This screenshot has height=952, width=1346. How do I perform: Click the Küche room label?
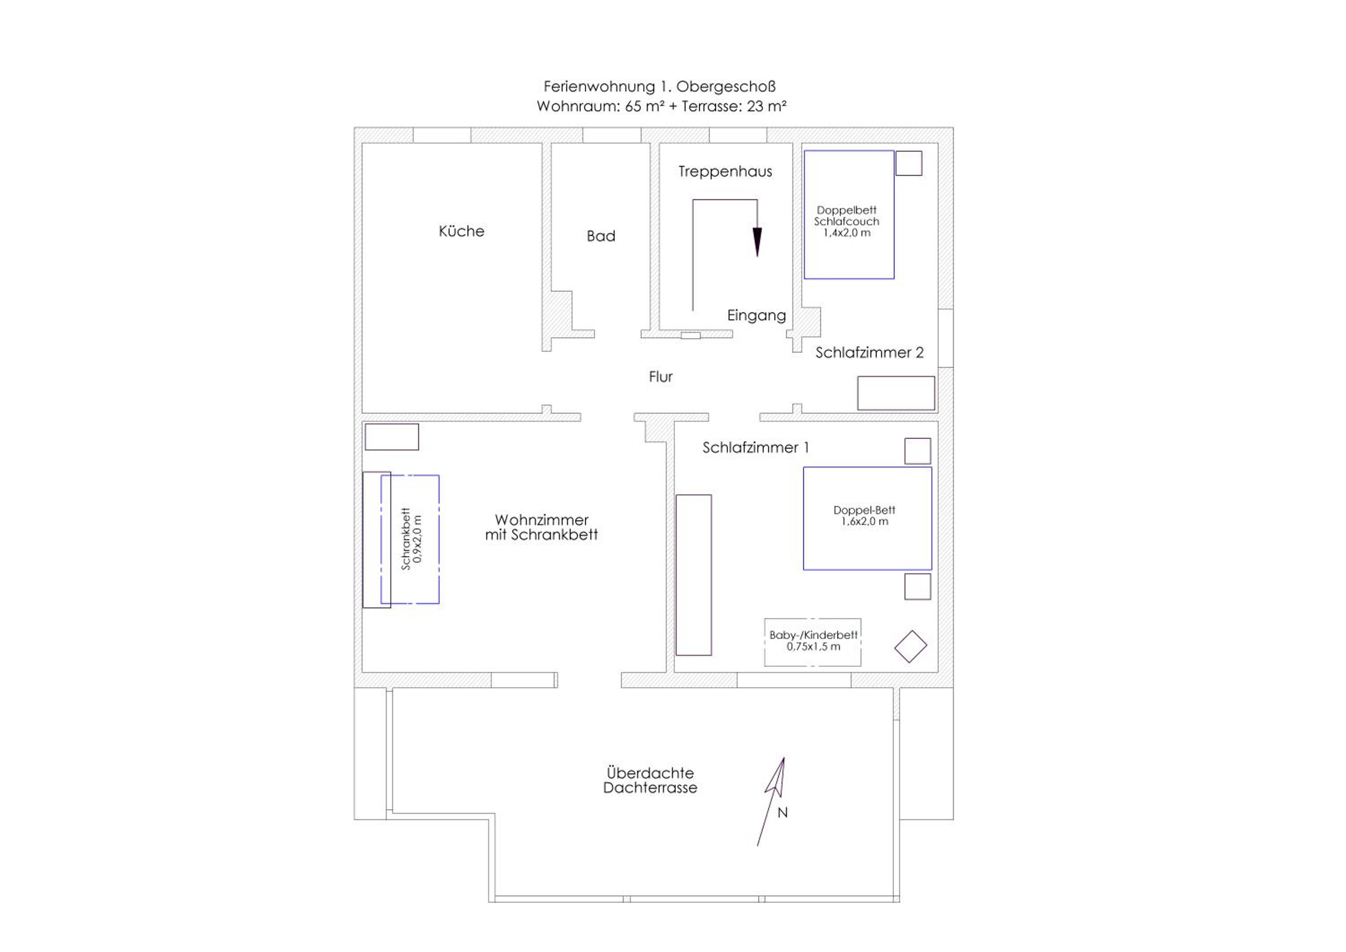(x=461, y=231)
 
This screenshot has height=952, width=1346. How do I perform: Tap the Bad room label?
(x=601, y=236)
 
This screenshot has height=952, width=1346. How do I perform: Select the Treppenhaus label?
(x=725, y=172)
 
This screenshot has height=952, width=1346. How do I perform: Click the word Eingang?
(x=756, y=315)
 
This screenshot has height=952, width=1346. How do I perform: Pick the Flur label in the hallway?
(x=661, y=376)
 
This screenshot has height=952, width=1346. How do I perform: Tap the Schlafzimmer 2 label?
(x=870, y=352)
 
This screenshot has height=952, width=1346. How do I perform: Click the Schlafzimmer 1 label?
(x=756, y=447)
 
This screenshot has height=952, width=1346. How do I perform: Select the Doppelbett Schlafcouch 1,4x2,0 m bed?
(x=849, y=214)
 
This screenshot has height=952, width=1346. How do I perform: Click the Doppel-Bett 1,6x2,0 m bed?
(x=867, y=518)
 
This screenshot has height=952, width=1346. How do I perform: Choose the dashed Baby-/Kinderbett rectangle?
(x=813, y=642)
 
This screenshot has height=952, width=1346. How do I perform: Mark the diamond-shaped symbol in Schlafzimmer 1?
(x=910, y=646)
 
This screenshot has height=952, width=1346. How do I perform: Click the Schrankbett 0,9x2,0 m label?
(x=411, y=539)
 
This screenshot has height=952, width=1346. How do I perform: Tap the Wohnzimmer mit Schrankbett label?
(x=541, y=527)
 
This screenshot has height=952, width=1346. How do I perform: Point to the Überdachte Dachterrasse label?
(x=650, y=780)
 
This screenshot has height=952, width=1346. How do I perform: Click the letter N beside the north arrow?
(x=782, y=812)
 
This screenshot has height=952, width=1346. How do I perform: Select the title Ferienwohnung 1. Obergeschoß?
(x=660, y=87)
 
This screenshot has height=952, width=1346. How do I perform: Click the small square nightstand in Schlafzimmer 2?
(x=909, y=163)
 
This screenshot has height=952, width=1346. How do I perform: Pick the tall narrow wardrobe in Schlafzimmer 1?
(x=694, y=575)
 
